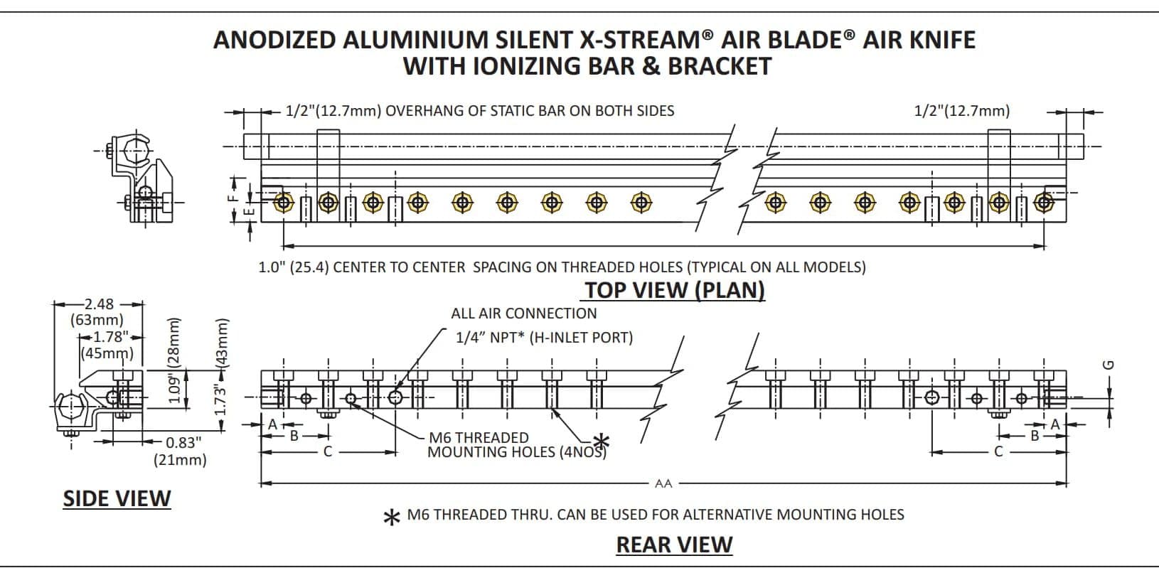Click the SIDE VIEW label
point(117,498)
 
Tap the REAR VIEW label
point(673,545)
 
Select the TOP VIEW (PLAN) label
point(674,290)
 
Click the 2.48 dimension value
point(99,304)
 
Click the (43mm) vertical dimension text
point(221,342)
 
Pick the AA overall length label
point(663,483)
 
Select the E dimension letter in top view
point(249,211)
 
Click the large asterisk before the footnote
point(391,518)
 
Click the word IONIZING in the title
point(525,66)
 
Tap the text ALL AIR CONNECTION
point(524,314)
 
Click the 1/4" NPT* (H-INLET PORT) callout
point(544,337)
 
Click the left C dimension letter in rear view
point(328,451)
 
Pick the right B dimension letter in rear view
point(1035,435)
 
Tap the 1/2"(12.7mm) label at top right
point(961,111)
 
